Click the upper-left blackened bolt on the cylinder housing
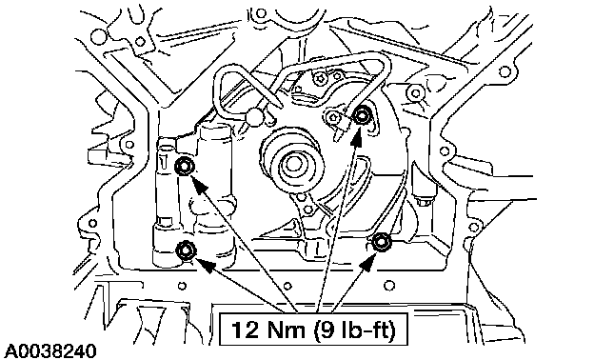pos(185,167)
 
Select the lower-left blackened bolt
pos(186,250)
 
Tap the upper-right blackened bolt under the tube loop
pos(362,115)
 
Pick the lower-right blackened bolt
pos(380,242)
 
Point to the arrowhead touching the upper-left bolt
pos(200,185)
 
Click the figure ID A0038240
pos(50,350)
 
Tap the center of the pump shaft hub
pos(292,164)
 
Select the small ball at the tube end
pos(254,115)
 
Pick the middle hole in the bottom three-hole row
pos(287,285)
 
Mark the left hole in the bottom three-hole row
pos(182,285)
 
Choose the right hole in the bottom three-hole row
pos(389,285)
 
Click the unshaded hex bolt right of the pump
pos(423,200)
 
